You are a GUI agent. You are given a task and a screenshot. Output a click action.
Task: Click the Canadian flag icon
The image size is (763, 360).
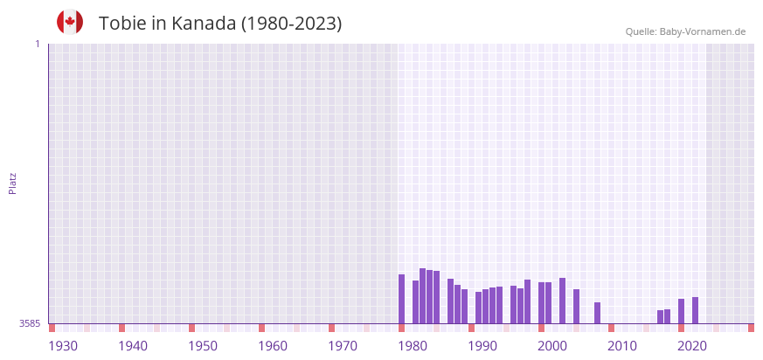[70, 23]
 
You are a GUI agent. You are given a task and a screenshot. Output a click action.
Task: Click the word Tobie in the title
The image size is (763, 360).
[122, 24]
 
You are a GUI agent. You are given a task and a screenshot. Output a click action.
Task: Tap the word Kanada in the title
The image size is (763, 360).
[204, 24]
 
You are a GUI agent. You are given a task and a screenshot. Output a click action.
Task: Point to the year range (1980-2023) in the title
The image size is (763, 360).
[291, 24]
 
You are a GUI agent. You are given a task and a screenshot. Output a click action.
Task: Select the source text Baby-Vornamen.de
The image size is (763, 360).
[703, 31]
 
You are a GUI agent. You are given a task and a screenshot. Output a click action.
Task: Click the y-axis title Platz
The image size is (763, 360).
[12, 183]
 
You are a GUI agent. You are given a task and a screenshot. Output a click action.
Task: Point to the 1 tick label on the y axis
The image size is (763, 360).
[37, 44]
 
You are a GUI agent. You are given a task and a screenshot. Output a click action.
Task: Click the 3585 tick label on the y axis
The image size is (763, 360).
[30, 323]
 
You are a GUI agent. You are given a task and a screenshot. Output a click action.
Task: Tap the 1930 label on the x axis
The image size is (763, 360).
[63, 346]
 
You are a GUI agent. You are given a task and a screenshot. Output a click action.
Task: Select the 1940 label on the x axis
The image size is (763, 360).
[133, 346]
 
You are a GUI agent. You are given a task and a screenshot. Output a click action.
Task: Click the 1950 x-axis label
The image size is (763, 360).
[203, 346]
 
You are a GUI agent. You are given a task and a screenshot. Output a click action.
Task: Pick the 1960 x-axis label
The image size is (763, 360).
[273, 346]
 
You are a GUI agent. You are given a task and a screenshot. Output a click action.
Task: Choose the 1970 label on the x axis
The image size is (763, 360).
[343, 346]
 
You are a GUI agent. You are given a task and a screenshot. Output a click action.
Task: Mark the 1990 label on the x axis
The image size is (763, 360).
[482, 346]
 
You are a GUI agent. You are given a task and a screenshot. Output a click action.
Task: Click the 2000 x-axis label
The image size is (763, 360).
[552, 346]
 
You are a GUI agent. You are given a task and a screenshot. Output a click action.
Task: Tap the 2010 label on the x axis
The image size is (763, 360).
[622, 346]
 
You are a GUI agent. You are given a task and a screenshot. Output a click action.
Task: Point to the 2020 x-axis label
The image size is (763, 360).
[692, 346]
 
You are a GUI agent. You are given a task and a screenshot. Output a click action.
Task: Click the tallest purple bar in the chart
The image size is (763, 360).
[422, 295]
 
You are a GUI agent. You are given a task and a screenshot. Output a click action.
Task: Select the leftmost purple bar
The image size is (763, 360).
[401, 299]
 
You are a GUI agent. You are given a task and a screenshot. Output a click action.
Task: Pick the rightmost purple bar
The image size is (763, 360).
[695, 310]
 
